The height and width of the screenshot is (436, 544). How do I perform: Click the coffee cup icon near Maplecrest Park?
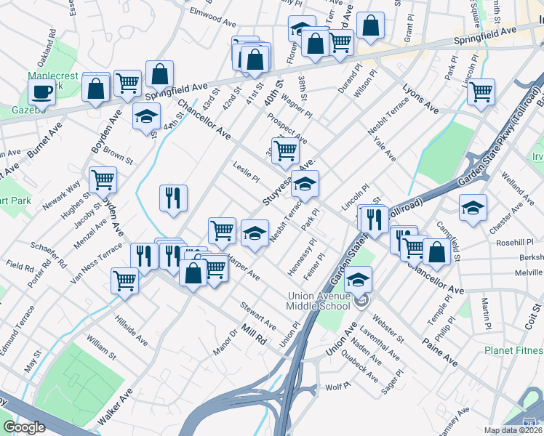(x=41, y=92)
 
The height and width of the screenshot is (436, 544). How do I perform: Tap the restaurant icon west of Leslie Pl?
(x=174, y=197)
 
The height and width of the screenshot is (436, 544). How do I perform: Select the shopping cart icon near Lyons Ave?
(x=481, y=92)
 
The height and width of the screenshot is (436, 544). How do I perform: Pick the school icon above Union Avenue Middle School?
(x=358, y=279)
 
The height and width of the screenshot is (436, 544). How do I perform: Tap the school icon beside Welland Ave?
(x=473, y=206)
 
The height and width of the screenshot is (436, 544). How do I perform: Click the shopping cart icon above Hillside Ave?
(x=125, y=280)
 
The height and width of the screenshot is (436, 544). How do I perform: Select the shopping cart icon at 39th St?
(x=286, y=150)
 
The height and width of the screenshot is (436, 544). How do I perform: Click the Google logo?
(x=24, y=427)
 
